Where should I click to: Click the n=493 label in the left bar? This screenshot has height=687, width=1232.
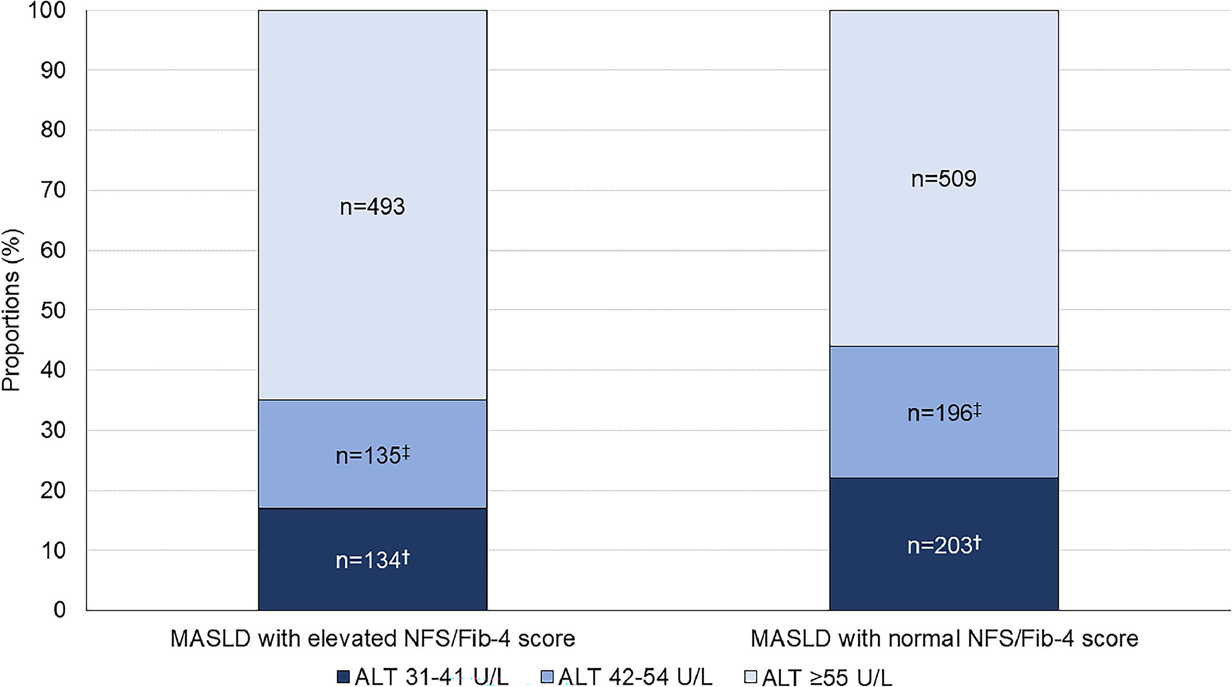(372, 206)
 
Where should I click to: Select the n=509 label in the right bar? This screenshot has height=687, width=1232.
(943, 179)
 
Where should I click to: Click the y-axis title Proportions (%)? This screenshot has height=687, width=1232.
(11, 310)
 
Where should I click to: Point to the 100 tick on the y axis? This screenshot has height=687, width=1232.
(47, 10)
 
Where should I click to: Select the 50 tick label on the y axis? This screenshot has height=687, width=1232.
(53, 310)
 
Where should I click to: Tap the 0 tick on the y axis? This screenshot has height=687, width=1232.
(59, 610)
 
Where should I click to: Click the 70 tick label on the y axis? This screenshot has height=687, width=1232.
(53, 190)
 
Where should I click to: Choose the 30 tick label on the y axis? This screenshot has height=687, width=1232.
(53, 430)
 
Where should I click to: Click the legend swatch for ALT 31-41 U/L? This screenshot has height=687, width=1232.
(343, 677)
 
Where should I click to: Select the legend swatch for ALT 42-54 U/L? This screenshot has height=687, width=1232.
(547, 677)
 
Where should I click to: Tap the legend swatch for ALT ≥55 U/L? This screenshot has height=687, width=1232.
(750, 677)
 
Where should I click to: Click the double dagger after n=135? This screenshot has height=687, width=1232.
(406, 452)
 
